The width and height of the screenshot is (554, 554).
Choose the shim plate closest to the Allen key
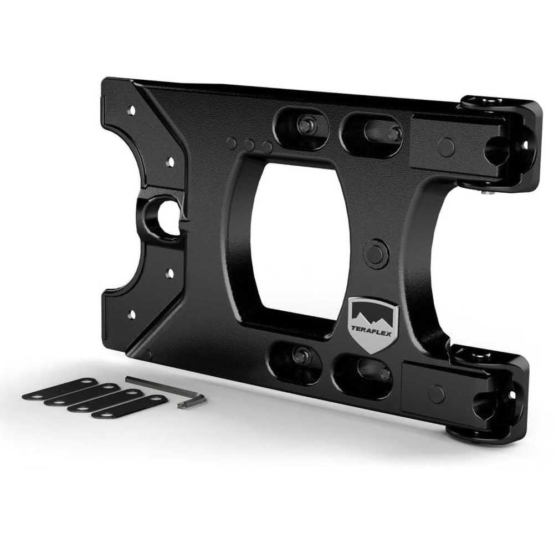coord(129,407)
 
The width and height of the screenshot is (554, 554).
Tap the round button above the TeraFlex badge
coord(375,253)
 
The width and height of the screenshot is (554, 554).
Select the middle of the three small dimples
coord(249,145)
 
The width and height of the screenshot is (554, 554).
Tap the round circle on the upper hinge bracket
coord(445,146)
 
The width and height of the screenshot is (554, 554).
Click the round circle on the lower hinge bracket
coord(436,393)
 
